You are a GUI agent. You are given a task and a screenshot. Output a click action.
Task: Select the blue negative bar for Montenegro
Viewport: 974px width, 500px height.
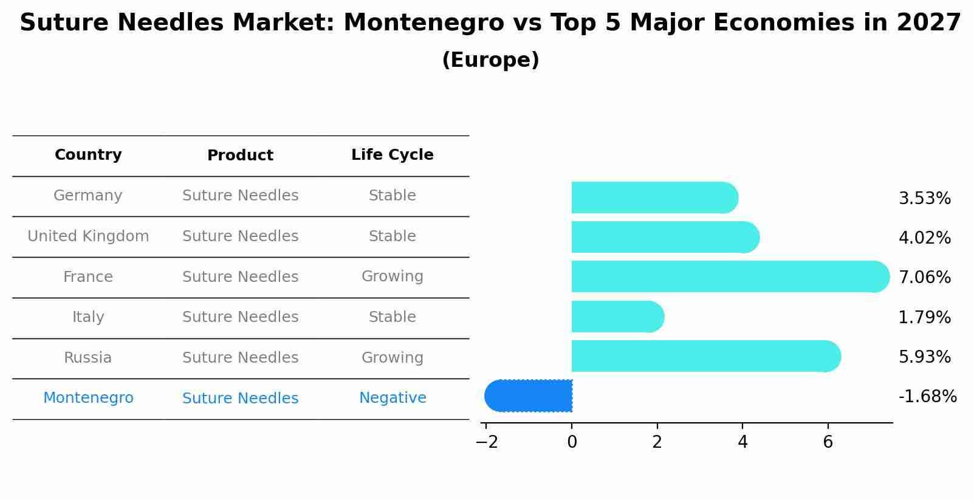[529, 396]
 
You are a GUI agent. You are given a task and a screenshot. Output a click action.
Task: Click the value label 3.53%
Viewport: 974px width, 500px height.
[924, 199]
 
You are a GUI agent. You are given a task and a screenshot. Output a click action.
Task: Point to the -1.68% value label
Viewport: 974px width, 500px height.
[927, 397]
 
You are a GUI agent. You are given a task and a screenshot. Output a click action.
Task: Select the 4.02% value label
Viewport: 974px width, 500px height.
[924, 238]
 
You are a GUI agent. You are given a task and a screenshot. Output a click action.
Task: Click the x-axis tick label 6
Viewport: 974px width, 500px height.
[828, 442]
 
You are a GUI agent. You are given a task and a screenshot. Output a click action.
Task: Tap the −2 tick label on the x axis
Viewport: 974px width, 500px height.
[486, 442]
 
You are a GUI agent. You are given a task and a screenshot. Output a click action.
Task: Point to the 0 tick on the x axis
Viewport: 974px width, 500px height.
[572, 442]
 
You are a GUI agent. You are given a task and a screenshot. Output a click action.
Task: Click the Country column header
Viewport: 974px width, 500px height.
[88, 155]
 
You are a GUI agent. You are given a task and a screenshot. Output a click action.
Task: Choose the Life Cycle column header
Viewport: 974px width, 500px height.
[393, 155]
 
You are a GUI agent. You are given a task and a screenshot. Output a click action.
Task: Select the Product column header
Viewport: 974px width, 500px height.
[240, 156]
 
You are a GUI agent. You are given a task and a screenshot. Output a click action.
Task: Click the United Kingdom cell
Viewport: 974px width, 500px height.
[88, 236]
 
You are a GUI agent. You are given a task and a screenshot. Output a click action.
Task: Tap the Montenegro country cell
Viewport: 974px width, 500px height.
[88, 398]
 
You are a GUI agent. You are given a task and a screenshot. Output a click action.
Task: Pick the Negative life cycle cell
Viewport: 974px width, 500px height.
[393, 398]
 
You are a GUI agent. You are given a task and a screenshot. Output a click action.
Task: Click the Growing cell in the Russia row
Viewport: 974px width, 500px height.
[393, 358]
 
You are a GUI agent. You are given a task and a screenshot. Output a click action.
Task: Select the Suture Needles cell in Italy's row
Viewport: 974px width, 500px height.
[240, 317]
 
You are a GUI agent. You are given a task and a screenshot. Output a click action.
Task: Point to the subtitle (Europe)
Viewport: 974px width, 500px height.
[490, 60]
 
